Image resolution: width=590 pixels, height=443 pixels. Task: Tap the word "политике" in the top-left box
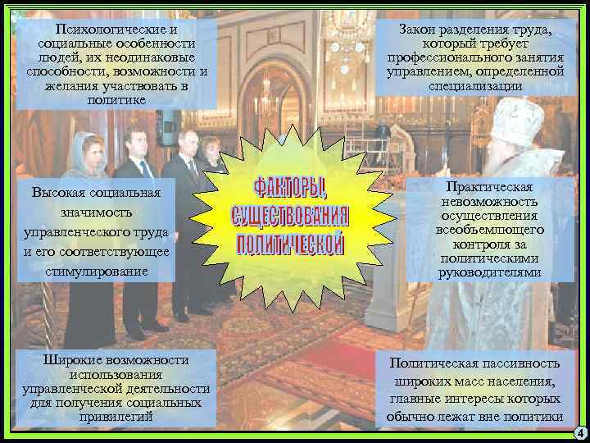coord(116,99)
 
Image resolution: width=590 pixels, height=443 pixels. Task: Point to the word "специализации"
coord(474,84)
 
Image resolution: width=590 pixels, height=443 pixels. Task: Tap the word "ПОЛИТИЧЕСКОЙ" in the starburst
coord(291,244)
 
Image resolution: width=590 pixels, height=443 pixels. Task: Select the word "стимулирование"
coord(98,270)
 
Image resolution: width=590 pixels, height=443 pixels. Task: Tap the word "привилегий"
coord(117,416)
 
